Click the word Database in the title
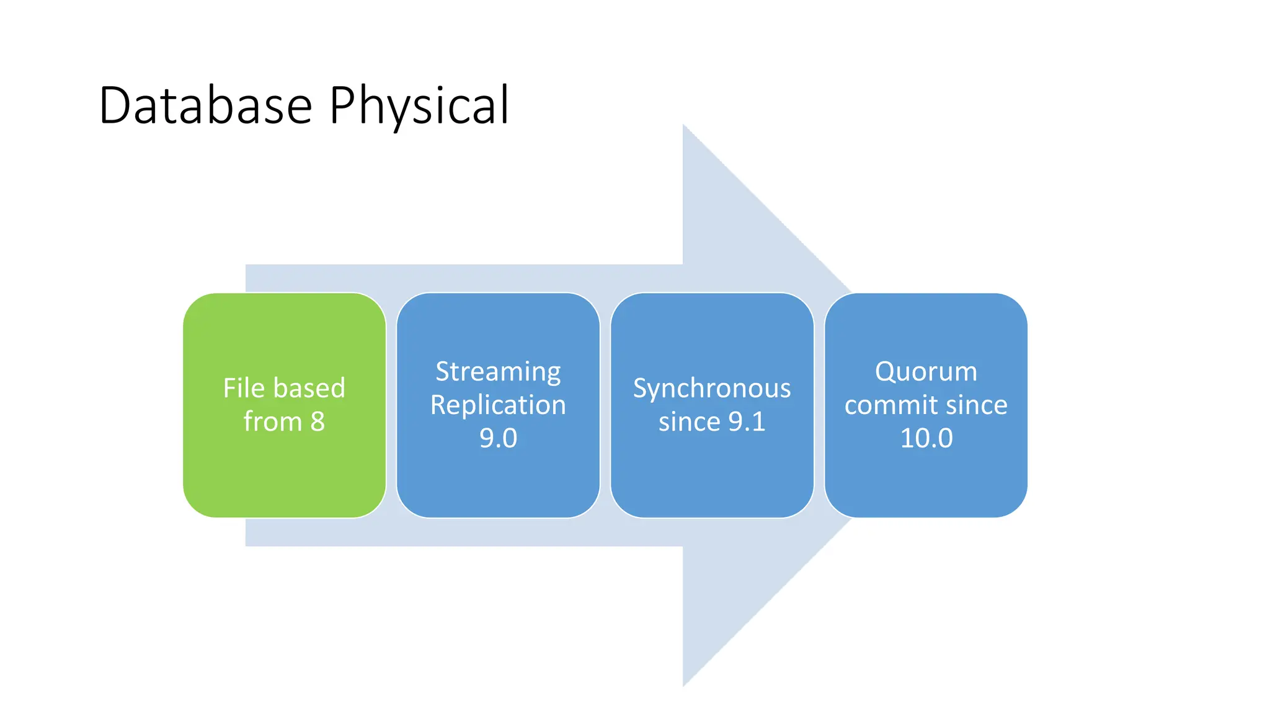click(205, 105)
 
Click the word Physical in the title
click(419, 107)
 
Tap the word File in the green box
click(244, 389)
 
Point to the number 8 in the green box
click(317, 422)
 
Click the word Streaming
click(498, 372)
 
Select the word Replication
click(498, 405)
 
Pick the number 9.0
click(498, 439)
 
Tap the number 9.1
click(747, 422)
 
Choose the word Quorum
click(926, 372)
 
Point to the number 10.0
click(926, 439)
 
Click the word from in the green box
click(272, 422)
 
